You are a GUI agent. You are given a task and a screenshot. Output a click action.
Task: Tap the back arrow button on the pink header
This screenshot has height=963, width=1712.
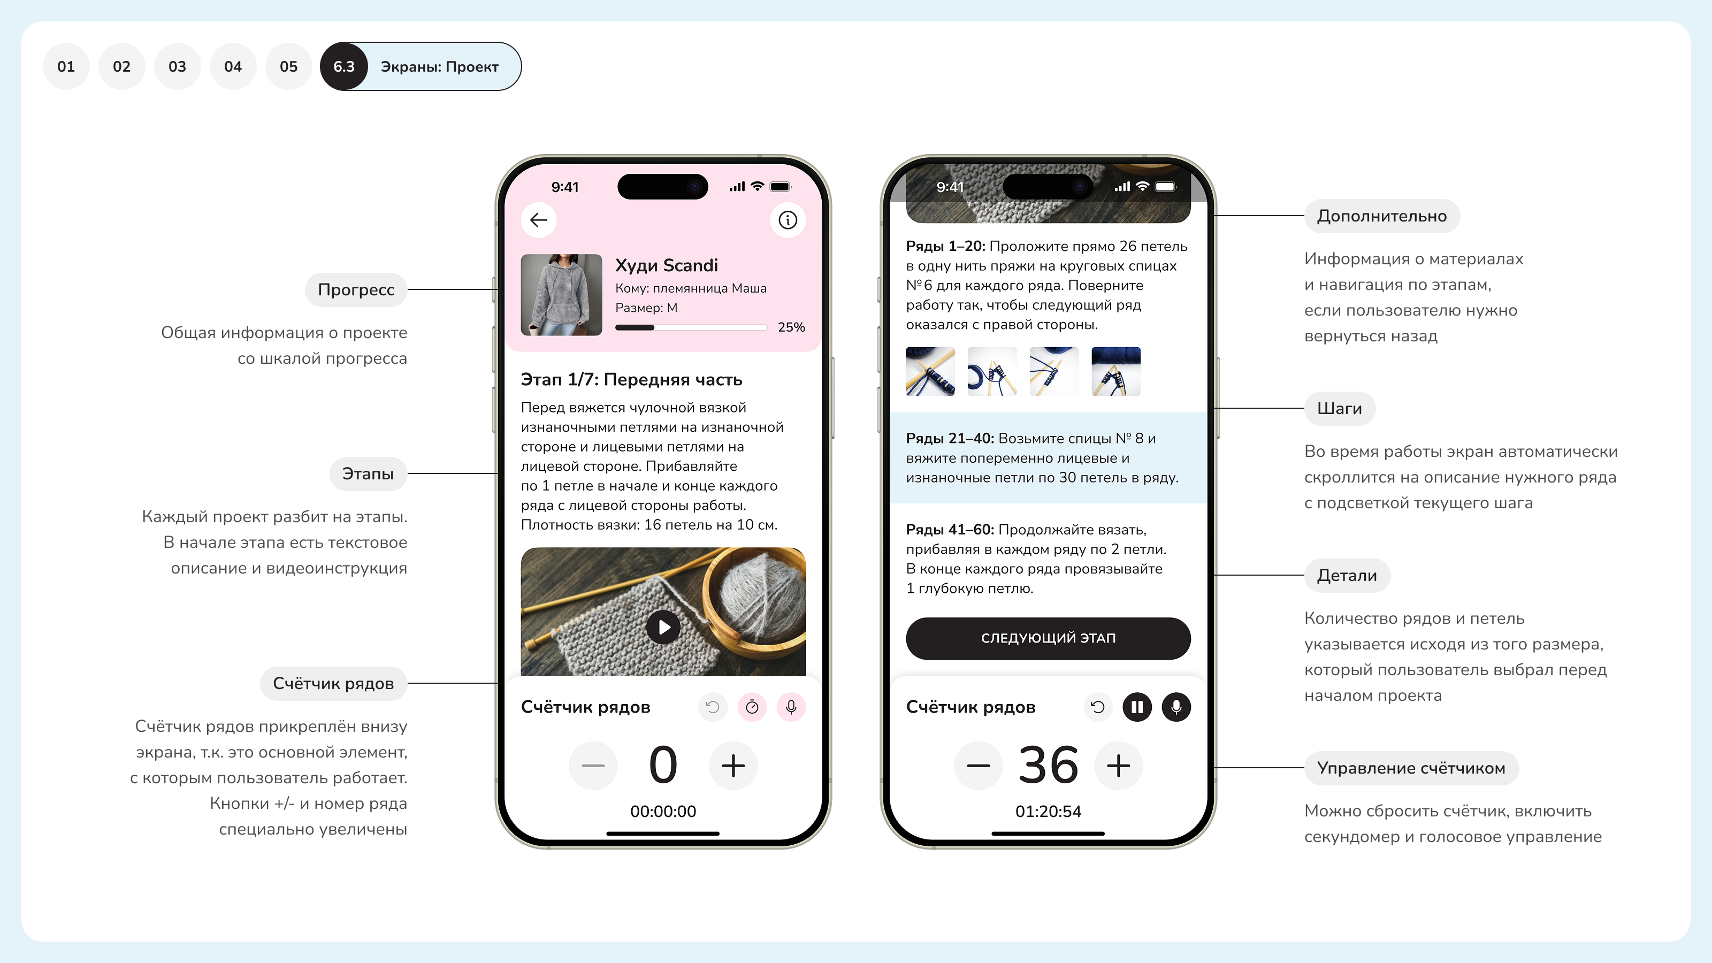(x=538, y=220)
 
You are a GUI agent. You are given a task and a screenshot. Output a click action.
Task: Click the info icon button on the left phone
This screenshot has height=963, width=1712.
(x=788, y=220)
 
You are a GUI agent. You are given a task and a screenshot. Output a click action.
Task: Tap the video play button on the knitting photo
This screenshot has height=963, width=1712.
(x=663, y=626)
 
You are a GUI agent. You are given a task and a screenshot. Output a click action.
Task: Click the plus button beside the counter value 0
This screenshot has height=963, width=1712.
(x=733, y=766)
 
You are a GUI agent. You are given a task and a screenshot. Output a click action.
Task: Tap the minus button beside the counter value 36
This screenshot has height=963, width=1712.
(x=979, y=766)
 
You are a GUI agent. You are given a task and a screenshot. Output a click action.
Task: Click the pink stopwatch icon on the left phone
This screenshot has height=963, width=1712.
(x=752, y=707)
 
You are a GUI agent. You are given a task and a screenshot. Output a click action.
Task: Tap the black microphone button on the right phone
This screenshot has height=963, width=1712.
(x=1176, y=707)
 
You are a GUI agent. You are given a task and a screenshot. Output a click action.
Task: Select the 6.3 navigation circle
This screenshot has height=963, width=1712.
(x=343, y=66)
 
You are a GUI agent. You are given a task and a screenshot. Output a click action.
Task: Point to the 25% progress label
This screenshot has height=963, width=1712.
(x=791, y=327)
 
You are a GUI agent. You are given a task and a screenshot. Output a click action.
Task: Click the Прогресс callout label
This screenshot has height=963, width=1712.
(x=356, y=290)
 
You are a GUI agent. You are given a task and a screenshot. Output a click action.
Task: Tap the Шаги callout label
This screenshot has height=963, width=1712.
(x=1340, y=409)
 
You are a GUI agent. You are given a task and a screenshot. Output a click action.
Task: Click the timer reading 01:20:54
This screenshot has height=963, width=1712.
(x=1048, y=812)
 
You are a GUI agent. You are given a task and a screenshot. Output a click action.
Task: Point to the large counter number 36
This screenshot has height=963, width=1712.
(x=1048, y=766)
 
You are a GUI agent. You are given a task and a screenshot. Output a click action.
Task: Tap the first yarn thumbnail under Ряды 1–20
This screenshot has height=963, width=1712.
(x=930, y=371)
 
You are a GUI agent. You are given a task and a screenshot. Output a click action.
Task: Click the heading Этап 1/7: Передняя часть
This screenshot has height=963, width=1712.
(x=631, y=379)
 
